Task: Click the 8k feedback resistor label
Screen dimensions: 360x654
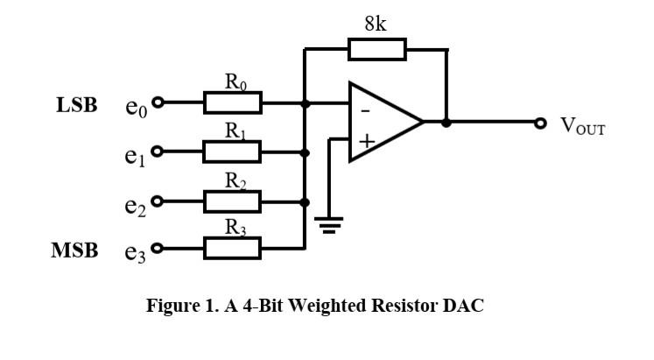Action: [376, 24]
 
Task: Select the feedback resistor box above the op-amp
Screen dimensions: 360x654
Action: [376, 49]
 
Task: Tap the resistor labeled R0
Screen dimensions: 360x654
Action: [232, 103]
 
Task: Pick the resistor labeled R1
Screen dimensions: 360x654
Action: [232, 152]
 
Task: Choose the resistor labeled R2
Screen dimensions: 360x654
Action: [232, 201]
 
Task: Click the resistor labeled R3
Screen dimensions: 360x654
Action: [232, 249]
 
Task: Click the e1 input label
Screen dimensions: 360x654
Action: [135, 157]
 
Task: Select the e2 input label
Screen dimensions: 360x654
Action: [135, 206]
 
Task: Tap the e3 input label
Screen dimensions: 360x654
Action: [135, 253]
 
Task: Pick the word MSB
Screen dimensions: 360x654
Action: [74, 251]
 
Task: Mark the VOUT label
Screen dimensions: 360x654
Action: [583, 126]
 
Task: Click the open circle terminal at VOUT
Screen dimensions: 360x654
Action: [541, 123]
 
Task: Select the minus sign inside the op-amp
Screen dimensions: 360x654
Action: [365, 111]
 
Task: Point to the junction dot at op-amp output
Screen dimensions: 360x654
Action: [446, 123]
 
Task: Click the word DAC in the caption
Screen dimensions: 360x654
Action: [465, 307]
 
